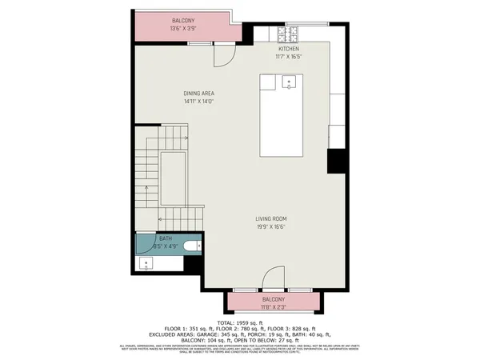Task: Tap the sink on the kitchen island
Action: (x=288, y=81)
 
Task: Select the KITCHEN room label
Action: (x=288, y=49)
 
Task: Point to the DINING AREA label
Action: (x=198, y=93)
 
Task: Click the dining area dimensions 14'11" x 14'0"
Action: (x=198, y=102)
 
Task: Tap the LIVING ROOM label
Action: (x=271, y=218)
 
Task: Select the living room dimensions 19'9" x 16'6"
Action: (x=271, y=227)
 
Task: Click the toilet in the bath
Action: (x=190, y=246)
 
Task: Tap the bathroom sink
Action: (x=146, y=263)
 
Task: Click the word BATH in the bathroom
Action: (x=165, y=238)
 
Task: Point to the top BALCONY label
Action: (x=184, y=20)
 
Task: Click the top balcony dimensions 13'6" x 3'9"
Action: (x=184, y=29)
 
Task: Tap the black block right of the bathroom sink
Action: (x=193, y=264)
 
